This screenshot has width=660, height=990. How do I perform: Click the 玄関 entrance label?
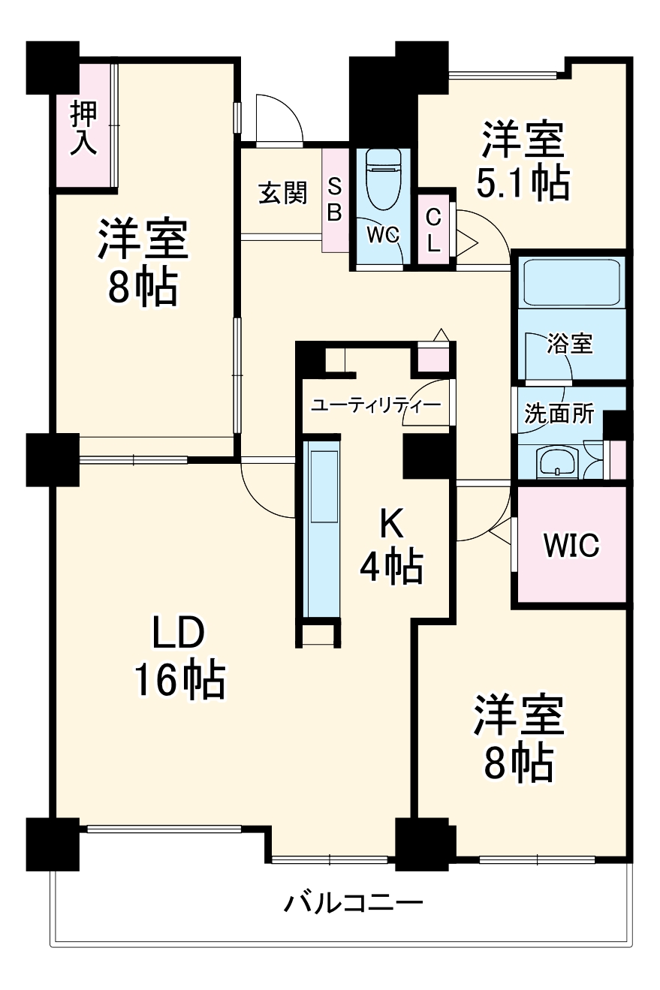pos(282,193)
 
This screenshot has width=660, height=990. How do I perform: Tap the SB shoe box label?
pos(335,200)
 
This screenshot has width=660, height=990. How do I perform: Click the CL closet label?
pos(434,230)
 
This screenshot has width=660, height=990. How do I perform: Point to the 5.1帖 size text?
pos(523,182)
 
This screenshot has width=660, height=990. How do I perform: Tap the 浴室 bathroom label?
pos(570,344)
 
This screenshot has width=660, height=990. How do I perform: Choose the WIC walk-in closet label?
pos(571,545)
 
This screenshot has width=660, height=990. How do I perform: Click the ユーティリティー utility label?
pos(375,405)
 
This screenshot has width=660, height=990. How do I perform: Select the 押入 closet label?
pos(83,128)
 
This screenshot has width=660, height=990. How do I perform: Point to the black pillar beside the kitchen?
pos(425,456)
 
